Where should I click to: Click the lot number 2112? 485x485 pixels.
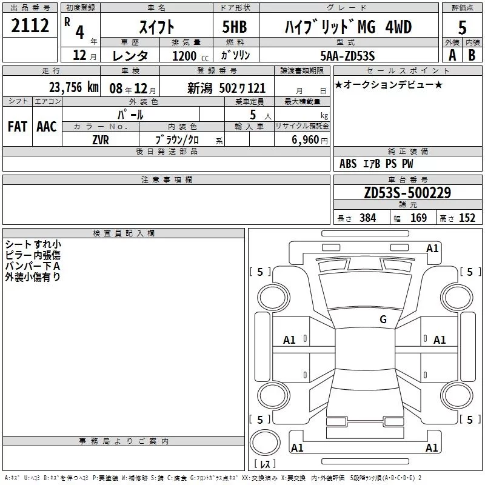click(30, 25)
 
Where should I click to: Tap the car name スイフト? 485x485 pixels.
click(157, 27)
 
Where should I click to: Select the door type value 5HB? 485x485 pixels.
click(235, 27)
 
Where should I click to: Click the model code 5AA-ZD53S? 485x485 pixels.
click(347, 56)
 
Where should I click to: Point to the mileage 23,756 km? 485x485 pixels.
click(74, 87)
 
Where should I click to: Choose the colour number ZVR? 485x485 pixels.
click(101, 140)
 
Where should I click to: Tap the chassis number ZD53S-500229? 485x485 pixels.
click(407, 193)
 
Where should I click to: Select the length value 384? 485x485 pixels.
click(368, 218)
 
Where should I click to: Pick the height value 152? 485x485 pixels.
click(467, 218)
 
